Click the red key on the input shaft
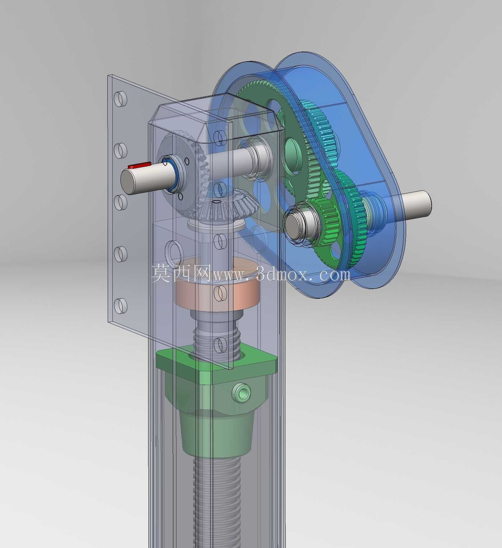[x=139, y=165]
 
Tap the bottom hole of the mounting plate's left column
[x=120, y=306]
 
